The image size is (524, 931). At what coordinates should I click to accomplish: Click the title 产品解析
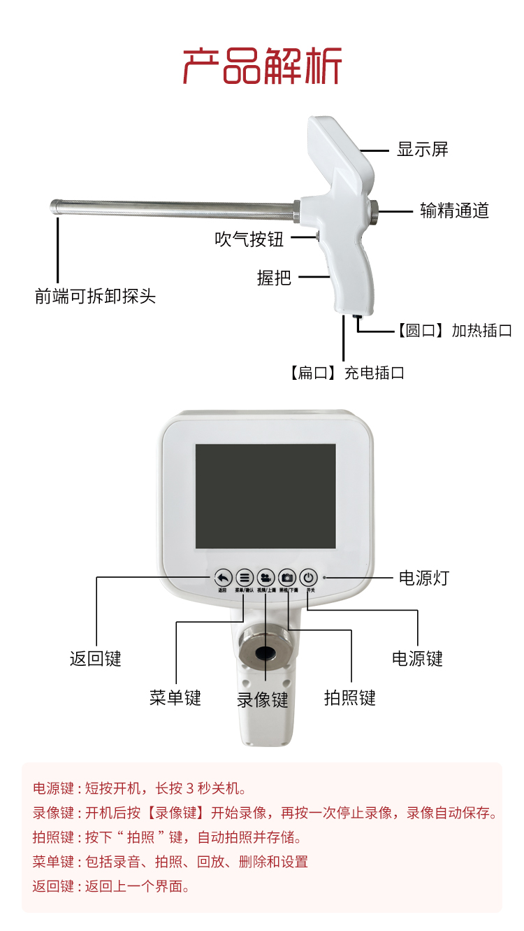coord(262,66)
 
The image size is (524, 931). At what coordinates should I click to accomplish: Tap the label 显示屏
coord(422,149)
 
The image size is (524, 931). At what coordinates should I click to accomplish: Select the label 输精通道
coord(454,210)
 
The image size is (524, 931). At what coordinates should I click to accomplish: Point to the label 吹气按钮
coord(249,239)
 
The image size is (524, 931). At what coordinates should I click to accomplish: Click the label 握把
coord(274,278)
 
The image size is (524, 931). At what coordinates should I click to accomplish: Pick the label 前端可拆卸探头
coord(95,297)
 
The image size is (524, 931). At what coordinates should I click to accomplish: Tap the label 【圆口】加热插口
coord(454,331)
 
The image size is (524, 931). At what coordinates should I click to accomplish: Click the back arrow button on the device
coord(223,578)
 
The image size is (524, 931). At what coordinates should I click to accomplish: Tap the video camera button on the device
coord(265,578)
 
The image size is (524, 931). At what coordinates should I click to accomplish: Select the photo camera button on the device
coord(287,578)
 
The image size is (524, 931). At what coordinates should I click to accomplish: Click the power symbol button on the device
coord(309,578)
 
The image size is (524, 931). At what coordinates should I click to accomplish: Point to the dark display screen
coord(265,496)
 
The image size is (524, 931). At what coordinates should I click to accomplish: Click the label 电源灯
coord(423,578)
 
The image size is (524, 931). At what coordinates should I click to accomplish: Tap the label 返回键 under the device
coord(96,658)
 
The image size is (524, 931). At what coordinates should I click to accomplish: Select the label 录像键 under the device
coord(263,699)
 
